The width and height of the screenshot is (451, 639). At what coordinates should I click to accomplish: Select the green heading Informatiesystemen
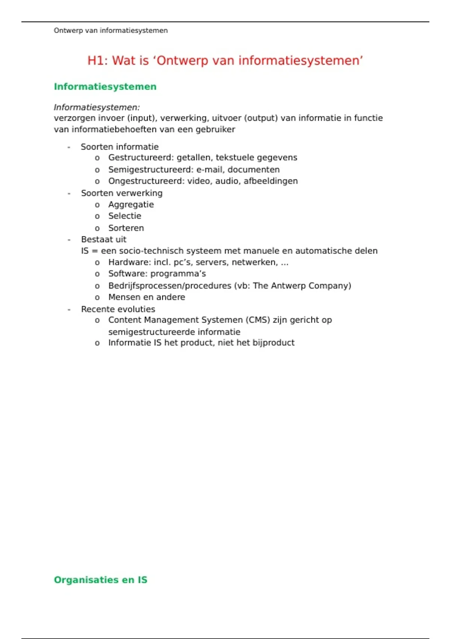coord(105,86)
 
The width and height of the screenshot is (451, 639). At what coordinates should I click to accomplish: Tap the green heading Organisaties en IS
coord(100,580)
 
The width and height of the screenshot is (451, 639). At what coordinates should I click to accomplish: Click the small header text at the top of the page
coord(110,30)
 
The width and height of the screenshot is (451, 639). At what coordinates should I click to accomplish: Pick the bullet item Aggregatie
coord(131,204)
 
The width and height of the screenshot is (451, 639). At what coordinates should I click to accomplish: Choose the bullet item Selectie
coord(124,216)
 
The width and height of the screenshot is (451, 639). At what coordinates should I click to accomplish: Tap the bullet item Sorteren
coord(126,228)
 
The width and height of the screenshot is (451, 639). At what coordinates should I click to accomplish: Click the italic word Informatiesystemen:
coord(97,107)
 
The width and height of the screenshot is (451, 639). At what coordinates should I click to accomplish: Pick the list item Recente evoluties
coord(118,309)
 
